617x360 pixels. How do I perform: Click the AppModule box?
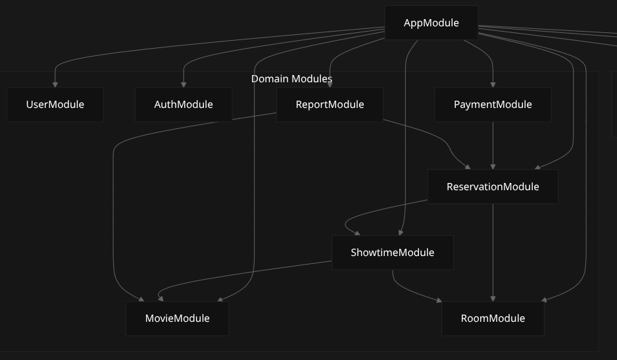click(431, 23)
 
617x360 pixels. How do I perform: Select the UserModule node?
click(55, 105)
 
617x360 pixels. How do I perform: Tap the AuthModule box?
click(184, 105)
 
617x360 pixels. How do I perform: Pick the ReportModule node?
click(330, 105)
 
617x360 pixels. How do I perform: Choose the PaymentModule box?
click(493, 105)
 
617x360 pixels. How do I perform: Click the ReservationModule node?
click(493, 187)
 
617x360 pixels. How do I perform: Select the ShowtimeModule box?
click(393, 253)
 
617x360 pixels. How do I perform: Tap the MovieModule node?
click(177, 319)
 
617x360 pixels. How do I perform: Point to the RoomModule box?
click(493, 319)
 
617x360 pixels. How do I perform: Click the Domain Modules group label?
click(291, 79)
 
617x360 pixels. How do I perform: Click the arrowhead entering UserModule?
click(55, 84)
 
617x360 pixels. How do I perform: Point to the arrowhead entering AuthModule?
click(184, 84)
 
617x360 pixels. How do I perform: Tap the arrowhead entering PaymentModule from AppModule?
click(493, 84)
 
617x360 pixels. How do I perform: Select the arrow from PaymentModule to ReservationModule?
click(493, 145)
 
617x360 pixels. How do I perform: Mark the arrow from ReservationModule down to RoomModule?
click(493, 250)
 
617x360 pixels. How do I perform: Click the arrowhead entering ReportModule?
click(330, 84)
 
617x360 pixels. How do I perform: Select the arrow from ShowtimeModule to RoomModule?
click(408, 290)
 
